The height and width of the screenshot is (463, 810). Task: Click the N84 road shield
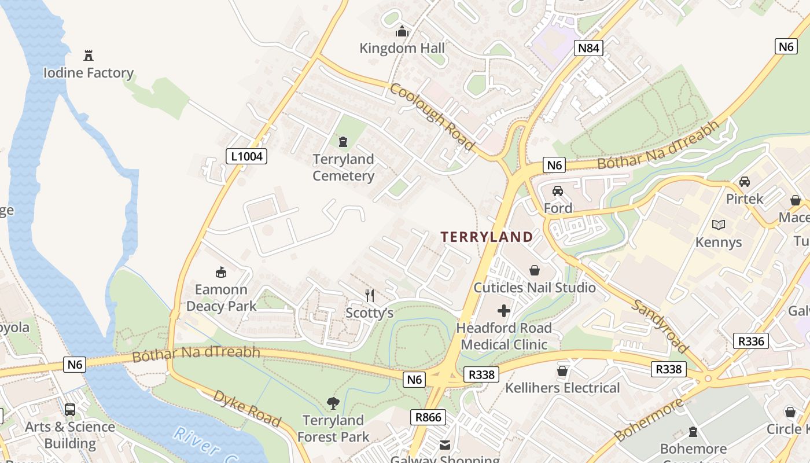589,48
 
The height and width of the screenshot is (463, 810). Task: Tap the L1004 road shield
246,156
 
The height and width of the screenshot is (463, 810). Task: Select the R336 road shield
751,341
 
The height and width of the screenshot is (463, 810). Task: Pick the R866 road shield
429,417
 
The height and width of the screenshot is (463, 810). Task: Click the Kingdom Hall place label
402,48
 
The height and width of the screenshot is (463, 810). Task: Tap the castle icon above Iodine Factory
89,56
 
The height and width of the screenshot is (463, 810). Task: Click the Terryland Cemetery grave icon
343,141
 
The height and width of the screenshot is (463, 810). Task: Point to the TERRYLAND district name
487,237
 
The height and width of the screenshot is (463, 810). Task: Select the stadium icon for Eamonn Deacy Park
220,272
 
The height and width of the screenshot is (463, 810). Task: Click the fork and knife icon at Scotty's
370,296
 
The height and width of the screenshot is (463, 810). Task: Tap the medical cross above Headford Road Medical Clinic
504,311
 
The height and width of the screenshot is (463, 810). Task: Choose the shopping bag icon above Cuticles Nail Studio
535,270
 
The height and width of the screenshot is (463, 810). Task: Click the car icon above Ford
558,191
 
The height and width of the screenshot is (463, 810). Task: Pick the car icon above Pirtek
745,181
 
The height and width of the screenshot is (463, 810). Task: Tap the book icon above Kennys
718,225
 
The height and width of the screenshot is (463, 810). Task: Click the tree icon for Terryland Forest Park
333,403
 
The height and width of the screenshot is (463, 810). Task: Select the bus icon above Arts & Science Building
70,410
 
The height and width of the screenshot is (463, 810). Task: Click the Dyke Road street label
247,409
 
